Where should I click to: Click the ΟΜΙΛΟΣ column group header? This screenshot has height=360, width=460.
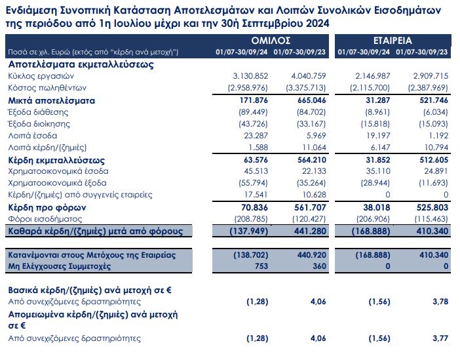[x=272, y=40]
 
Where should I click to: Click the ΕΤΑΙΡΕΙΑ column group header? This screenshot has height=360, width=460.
[x=392, y=40]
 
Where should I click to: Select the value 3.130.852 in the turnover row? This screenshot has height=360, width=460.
[x=247, y=77]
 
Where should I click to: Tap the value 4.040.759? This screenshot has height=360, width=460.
[x=303, y=77]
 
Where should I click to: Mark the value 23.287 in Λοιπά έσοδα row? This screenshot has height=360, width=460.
[x=254, y=136]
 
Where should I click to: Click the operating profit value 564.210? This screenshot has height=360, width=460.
[x=307, y=160]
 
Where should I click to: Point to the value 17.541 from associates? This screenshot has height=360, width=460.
[x=254, y=195]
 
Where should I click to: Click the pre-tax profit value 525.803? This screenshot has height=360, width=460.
[x=429, y=207]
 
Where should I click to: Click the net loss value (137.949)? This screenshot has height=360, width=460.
[x=247, y=231]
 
